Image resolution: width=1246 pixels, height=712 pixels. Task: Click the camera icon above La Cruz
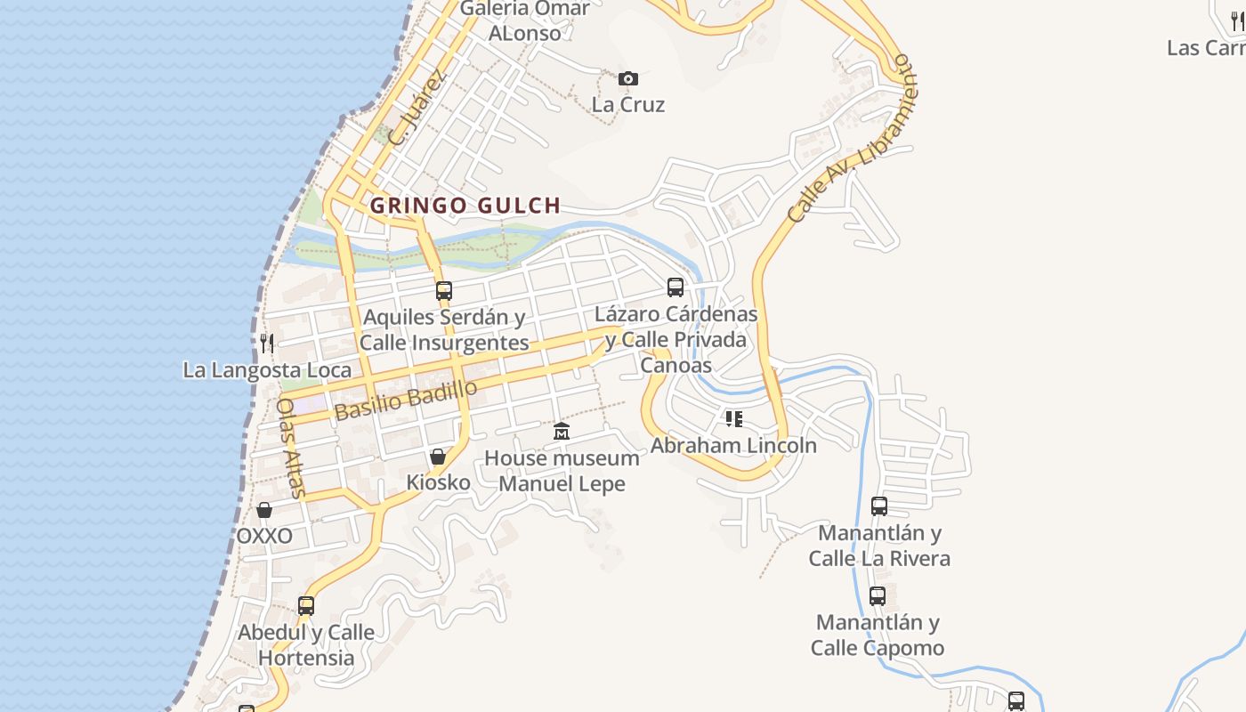(628, 79)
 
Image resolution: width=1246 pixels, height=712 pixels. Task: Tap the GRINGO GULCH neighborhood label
(465, 206)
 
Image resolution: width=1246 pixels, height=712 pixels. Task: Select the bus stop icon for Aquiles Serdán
(444, 290)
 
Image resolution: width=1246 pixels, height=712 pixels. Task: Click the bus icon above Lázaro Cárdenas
(676, 287)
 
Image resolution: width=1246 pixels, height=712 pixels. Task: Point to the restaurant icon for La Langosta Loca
(266, 343)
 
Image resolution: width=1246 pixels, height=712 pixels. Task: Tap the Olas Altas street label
(291, 447)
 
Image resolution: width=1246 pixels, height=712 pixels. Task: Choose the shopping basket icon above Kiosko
(438, 457)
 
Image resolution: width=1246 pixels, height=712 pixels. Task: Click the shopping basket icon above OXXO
(264, 510)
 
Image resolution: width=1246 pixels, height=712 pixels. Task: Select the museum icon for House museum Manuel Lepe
(562, 432)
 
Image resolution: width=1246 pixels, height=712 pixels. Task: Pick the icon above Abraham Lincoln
(733, 418)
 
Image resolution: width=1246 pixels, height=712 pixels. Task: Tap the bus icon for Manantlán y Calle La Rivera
(879, 506)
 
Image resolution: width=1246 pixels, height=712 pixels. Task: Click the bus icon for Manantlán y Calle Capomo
(878, 595)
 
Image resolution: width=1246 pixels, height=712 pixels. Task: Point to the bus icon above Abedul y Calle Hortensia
(306, 606)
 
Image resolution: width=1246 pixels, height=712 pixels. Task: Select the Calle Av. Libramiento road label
(851, 138)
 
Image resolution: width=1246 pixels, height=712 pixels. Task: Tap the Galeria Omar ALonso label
(525, 20)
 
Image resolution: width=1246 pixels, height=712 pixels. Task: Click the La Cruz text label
(628, 104)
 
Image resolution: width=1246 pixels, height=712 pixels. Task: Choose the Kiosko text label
(438, 482)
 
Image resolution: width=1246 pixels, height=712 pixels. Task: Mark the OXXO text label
(264, 536)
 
